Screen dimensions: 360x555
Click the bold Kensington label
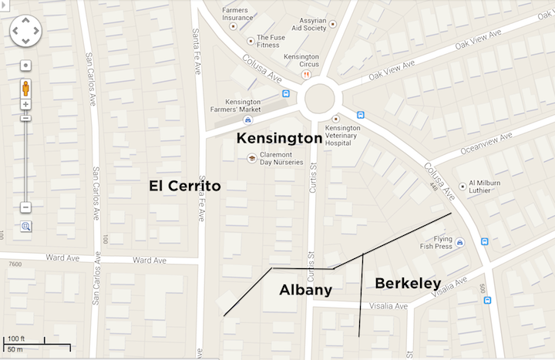coord(278,139)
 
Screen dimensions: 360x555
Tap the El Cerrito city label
coord(184,186)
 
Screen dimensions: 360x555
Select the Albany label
coord(305,290)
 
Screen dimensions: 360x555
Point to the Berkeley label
coord(408,283)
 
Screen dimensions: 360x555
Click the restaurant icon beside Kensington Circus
coord(306,75)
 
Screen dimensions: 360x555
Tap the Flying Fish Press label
coord(432,243)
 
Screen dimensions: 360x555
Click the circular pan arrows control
coord(25,32)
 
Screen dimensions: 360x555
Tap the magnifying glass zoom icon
coord(26,226)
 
